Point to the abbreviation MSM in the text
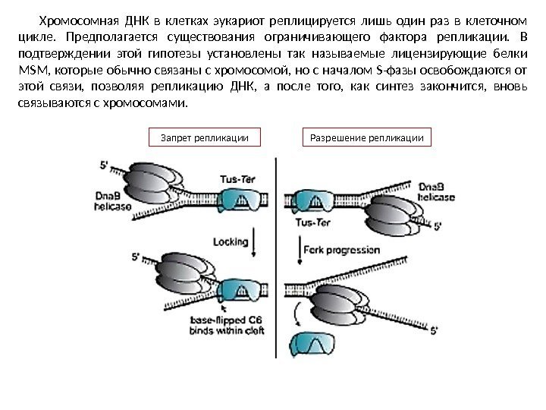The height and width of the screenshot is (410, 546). click(x=29, y=70)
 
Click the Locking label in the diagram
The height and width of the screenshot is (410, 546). click(x=231, y=241)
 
